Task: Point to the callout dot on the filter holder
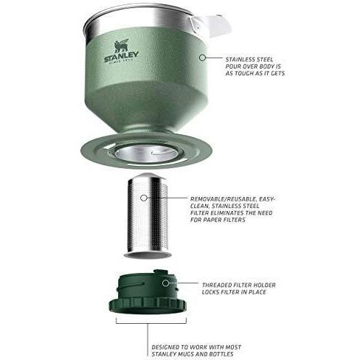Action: (165, 283)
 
